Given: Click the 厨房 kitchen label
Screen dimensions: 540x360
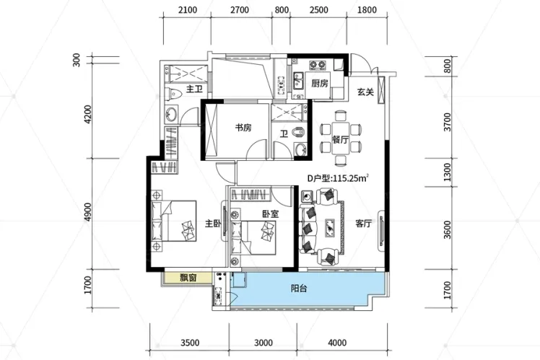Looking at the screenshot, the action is (x=320, y=83).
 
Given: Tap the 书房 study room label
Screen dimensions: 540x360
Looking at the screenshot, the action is (x=243, y=128).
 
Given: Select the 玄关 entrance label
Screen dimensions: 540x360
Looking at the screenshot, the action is (x=365, y=92).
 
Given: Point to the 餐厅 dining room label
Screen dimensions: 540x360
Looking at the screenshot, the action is (x=340, y=140).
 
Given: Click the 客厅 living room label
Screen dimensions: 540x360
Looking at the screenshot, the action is (x=363, y=224).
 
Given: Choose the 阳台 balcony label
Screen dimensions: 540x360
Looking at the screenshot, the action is (x=299, y=289).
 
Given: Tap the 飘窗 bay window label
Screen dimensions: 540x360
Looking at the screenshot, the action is (x=188, y=278).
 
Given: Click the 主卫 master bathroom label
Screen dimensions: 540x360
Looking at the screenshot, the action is (x=195, y=89).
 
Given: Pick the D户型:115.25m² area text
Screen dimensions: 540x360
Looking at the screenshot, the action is (x=338, y=178).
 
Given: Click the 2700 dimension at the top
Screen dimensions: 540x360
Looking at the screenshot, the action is (x=240, y=9).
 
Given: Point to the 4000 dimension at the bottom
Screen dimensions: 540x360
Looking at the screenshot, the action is (x=337, y=343).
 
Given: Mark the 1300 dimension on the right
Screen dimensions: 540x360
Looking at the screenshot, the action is (x=447, y=172).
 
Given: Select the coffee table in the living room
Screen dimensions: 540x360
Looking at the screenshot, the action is (x=330, y=228).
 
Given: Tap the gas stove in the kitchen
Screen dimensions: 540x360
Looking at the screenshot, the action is (x=317, y=64).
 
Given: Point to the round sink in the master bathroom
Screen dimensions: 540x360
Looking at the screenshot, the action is (x=171, y=113).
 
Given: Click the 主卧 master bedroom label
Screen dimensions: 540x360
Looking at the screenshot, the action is (x=213, y=224).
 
